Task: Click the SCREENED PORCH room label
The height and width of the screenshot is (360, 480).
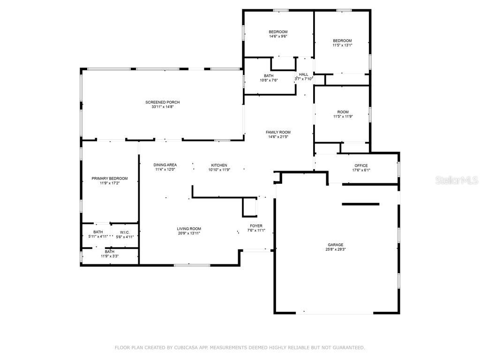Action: click(163, 102)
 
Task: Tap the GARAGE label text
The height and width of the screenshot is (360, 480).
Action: click(336, 245)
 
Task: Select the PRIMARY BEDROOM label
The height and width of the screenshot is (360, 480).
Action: click(110, 179)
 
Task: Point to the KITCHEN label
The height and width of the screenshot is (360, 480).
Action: click(219, 165)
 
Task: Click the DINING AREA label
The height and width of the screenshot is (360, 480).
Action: click(165, 165)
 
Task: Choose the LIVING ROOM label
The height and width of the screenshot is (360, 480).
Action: click(189, 229)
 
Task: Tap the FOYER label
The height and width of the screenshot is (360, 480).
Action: click(256, 226)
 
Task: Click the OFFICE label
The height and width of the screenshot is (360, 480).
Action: click(361, 165)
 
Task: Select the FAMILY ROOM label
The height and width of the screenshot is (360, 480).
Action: click(278, 132)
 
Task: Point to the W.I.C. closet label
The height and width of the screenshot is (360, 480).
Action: click(125, 232)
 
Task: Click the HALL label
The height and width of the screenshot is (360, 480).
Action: click(304, 75)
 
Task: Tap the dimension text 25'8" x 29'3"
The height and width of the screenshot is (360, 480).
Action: click(336, 249)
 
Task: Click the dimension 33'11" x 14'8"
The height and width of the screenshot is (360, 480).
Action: click(163, 107)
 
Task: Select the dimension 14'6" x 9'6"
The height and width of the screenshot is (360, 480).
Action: click(278, 36)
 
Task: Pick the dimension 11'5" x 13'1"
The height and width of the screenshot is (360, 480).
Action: click(342, 45)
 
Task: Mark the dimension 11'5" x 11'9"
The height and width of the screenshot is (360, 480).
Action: click(343, 116)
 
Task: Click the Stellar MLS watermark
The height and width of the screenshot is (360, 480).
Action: click(457, 180)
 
